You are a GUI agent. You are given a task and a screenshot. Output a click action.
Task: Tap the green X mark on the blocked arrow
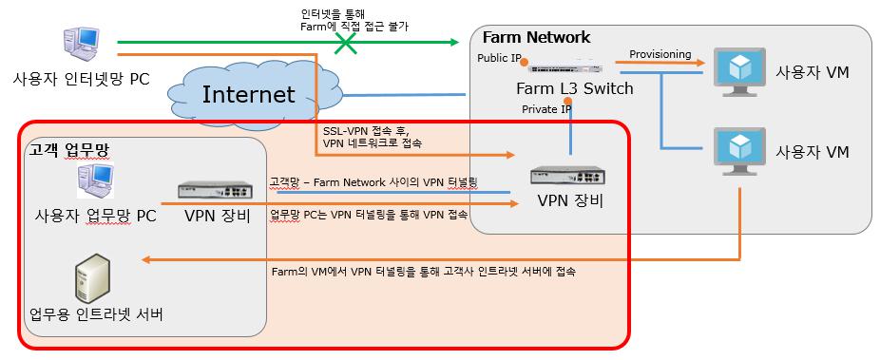[x=348, y=43]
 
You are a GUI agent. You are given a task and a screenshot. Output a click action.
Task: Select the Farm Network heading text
[x=536, y=37]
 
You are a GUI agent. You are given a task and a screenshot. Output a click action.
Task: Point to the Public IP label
[x=500, y=58]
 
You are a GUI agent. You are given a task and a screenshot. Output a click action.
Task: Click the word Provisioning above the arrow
[x=660, y=54]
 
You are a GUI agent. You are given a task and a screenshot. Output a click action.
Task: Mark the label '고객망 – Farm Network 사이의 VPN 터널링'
[x=373, y=180]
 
